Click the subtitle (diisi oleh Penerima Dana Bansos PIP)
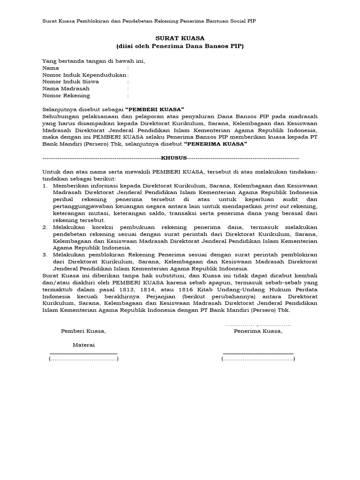tap(180, 46)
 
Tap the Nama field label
tap(51, 68)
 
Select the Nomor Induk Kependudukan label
tap(84, 75)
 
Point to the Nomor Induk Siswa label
tap(71, 81)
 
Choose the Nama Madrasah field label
tap(66, 88)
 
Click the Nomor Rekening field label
tap(66, 95)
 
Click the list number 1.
tap(45, 186)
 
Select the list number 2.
tap(45, 227)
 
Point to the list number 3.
tap(45, 255)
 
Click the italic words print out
tap(276, 206)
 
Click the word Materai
tap(83, 345)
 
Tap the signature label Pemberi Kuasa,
tap(83, 331)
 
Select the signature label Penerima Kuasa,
tap(258, 331)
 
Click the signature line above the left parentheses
tap(83, 353)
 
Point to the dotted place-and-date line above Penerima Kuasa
tap(258, 324)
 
